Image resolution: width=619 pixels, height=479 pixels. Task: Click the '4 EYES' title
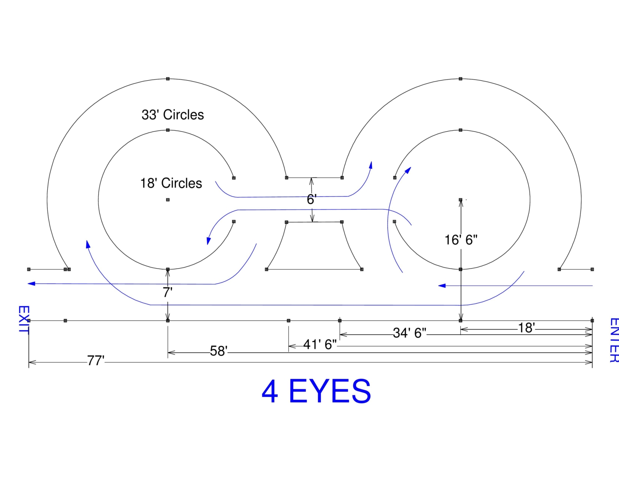[x=316, y=391]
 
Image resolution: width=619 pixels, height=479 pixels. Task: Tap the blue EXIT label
[x=23, y=320]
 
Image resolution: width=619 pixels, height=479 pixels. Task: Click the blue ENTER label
[x=613, y=340]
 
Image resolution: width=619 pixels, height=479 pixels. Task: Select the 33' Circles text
[x=172, y=115]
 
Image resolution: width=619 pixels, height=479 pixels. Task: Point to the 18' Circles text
[x=171, y=184]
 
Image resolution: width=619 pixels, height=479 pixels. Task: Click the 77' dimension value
[x=96, y=360]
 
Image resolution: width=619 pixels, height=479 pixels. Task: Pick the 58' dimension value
[x=218, y=351]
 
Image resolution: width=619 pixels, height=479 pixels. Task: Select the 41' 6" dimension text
[x=320, y=345]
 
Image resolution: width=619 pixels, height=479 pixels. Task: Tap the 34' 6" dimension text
[x=409, y=333]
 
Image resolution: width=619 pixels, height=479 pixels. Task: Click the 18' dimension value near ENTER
[x=526, y=328]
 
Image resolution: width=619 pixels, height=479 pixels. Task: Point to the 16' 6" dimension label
[x=461, y=240]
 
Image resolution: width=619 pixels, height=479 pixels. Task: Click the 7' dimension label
[x=168, y=292]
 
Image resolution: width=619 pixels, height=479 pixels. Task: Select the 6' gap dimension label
[x=312, y=199]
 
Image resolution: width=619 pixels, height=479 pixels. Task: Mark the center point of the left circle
[x=168, y=200]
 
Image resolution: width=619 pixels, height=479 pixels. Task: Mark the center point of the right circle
[x=460, y=200]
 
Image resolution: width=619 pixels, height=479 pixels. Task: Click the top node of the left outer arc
[x=168, y=79]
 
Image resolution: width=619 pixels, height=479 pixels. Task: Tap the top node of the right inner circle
[x=460, y=130]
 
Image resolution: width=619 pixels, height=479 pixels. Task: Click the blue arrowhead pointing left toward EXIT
[x=31, y=284]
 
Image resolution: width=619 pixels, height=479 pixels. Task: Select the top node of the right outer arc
[x=460, y=79]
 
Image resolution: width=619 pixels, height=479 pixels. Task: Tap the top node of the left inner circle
[x=168, y=130]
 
